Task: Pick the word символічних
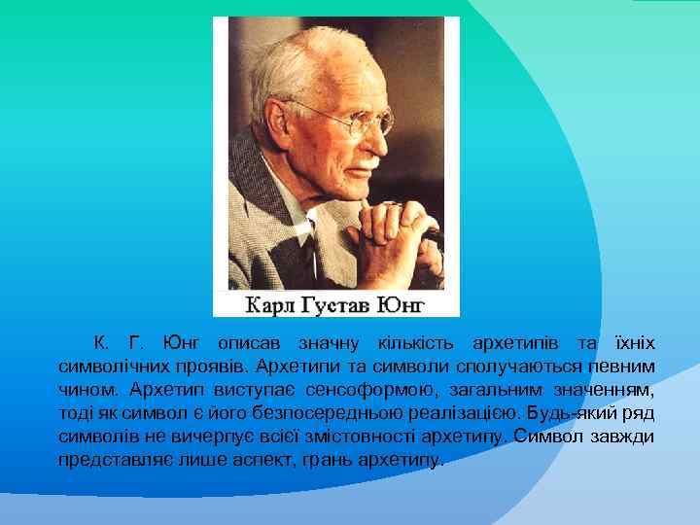tap(118, 367)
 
